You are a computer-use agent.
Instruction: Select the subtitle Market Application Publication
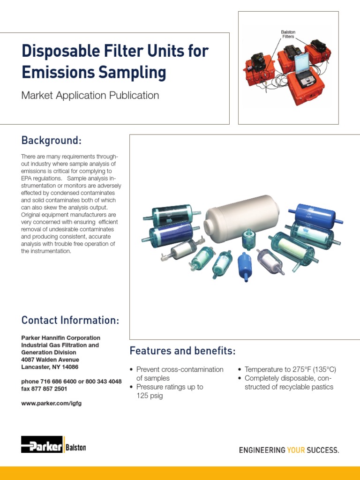(x=90, y=96)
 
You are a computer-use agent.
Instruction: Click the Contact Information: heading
(x=70, y=321)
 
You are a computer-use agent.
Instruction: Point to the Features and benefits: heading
(x=182, y=351)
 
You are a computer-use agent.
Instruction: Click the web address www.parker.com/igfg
(x=52, y=403)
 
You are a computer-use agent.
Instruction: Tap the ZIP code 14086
(x=69, y=367)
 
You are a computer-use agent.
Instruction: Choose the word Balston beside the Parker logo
(x=76, y=448)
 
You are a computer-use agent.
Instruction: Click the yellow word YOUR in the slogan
(x=296, y=450)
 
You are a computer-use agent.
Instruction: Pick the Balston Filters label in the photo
(x=288, y=34)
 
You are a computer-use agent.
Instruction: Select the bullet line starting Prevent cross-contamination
(x=180, y=369)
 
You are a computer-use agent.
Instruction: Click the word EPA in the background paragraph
(x=28, y=178)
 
